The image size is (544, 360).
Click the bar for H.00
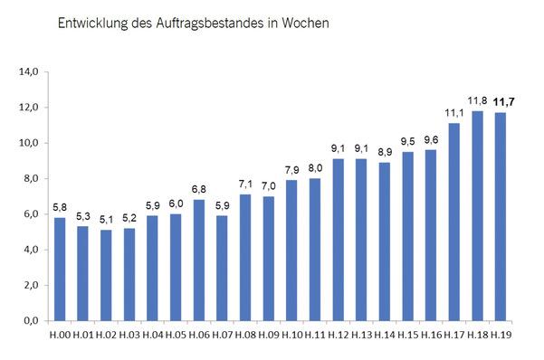tap(60, 270)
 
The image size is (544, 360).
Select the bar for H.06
tap(199, 261)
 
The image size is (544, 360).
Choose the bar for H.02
tap(106, 276)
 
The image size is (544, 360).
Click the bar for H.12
tap(339, 240)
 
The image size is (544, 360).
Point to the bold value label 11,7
tap(501, 101)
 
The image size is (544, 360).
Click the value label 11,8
tap(478, 100)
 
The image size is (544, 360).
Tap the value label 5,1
tap(106, 219)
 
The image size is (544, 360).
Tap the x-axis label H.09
tap(269, 336)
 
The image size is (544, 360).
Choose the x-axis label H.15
tap(408, 336)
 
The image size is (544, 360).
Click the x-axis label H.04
tap(153, 336)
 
